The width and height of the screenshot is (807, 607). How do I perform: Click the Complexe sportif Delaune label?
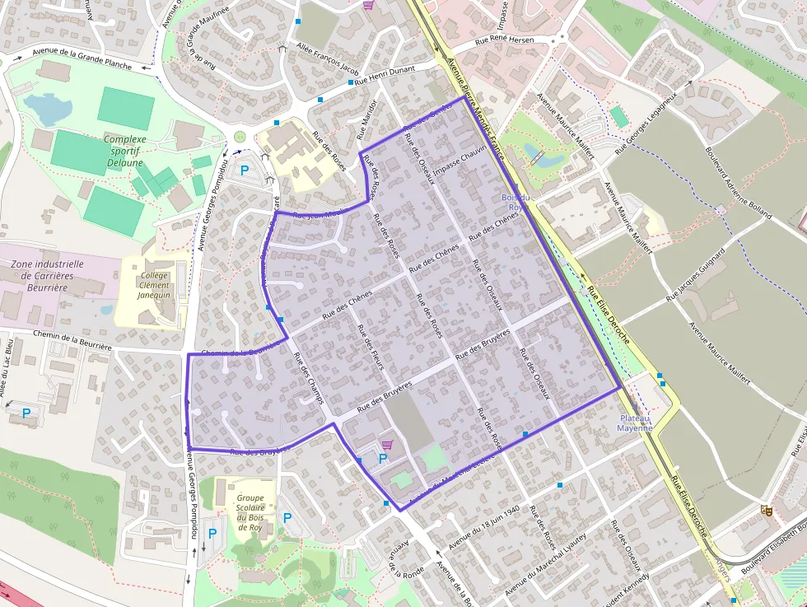[x=125, y=151]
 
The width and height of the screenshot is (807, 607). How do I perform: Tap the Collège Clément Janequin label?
[x=154, y=285]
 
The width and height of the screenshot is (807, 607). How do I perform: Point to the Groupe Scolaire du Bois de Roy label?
[x=250, y=509]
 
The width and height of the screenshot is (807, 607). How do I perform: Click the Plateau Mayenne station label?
[x=635, y=423]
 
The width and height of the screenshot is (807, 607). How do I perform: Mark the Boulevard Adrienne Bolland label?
[x=738, y=183]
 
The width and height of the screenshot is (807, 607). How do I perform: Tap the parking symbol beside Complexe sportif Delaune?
[x=245, y=171]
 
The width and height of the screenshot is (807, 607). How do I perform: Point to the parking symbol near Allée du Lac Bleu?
[x=26, y=413]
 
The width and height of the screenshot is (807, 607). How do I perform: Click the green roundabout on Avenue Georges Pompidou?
[x=240, y=137]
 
